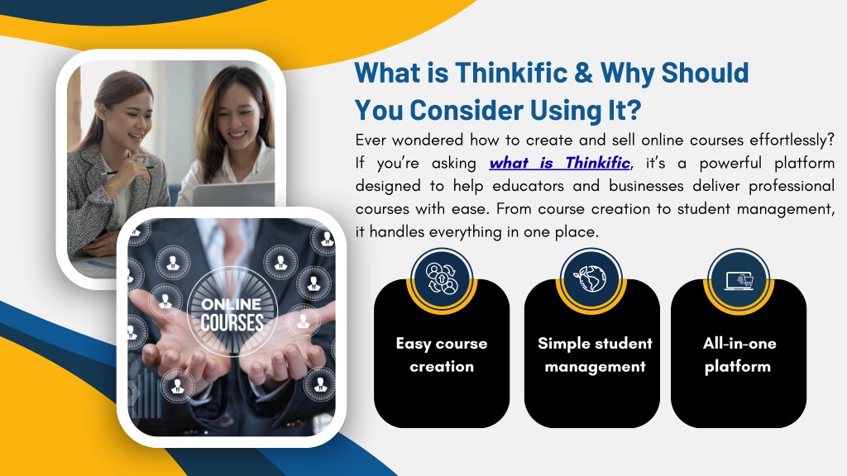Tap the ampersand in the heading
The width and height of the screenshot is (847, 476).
click(584, 73)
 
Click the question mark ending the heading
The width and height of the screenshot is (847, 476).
click(634, 110)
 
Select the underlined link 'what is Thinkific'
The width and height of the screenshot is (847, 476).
click(560, 163)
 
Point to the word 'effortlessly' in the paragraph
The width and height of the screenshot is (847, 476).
click(787, 140)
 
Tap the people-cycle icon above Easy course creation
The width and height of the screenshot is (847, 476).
click(442, 278)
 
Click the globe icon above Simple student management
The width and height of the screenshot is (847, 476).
click(590, 278)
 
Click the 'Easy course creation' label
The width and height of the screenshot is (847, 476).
click(442, 355)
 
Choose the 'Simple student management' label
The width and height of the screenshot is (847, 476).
click(595, 355)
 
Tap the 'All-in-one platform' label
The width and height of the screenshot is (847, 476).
click(739, 355)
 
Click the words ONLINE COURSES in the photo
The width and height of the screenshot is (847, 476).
click(232, 313)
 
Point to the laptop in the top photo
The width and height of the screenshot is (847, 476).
click(233, 194)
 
